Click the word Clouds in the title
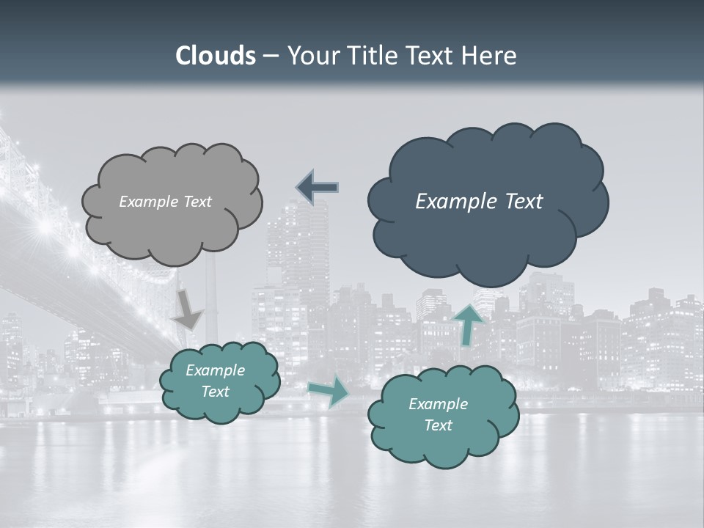point(216,56)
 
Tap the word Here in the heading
point(490,56)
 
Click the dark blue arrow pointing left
point(318,188)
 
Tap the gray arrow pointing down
point(188,308)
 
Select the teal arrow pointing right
point(329,392)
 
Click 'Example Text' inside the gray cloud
point(165,202)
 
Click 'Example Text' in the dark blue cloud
point(479,202)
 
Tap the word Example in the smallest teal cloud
point(215,370)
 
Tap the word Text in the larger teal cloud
point(438,425)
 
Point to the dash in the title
point(271,56)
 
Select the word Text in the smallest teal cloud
point(215,392)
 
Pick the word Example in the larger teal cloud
point(438,404)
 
